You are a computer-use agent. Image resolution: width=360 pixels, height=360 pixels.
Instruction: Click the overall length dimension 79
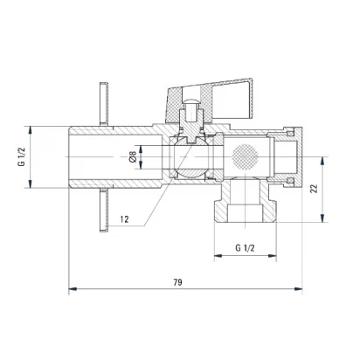177,282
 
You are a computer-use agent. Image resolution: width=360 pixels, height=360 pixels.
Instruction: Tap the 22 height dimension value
314,189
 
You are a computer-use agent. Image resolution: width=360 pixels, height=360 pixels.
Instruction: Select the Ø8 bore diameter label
133,157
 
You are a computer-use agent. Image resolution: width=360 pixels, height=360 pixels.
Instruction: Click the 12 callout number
124,219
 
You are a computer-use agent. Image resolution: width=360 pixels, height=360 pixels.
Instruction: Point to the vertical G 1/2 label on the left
22,156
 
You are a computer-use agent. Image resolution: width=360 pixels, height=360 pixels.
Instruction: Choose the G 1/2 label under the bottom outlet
245,248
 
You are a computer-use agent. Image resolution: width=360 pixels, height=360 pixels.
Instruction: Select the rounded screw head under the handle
191,101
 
